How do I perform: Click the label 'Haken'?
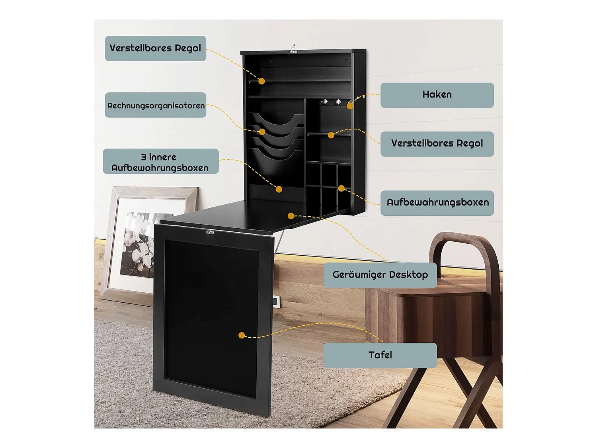(437, 95)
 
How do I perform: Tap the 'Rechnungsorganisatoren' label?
(156, 105)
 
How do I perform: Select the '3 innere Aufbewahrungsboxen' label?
(160, 162)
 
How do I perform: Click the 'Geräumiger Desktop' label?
(380, 275)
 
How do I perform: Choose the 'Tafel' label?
(380, 355)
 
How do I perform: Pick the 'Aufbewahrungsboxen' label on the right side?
(437, 203)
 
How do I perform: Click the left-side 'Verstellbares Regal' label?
(155, 49)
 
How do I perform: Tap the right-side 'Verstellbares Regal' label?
(437, 144)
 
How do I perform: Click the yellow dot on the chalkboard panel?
(242, 335)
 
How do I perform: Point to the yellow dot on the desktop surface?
(291, 216)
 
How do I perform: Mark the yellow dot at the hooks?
(350, 106)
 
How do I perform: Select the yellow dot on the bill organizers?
(262, 132)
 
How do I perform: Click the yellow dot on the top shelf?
(261, 81)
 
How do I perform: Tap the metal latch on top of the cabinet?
(294, 49)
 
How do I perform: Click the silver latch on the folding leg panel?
(210, 232)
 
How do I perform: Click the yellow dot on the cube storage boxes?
(341, 188)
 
